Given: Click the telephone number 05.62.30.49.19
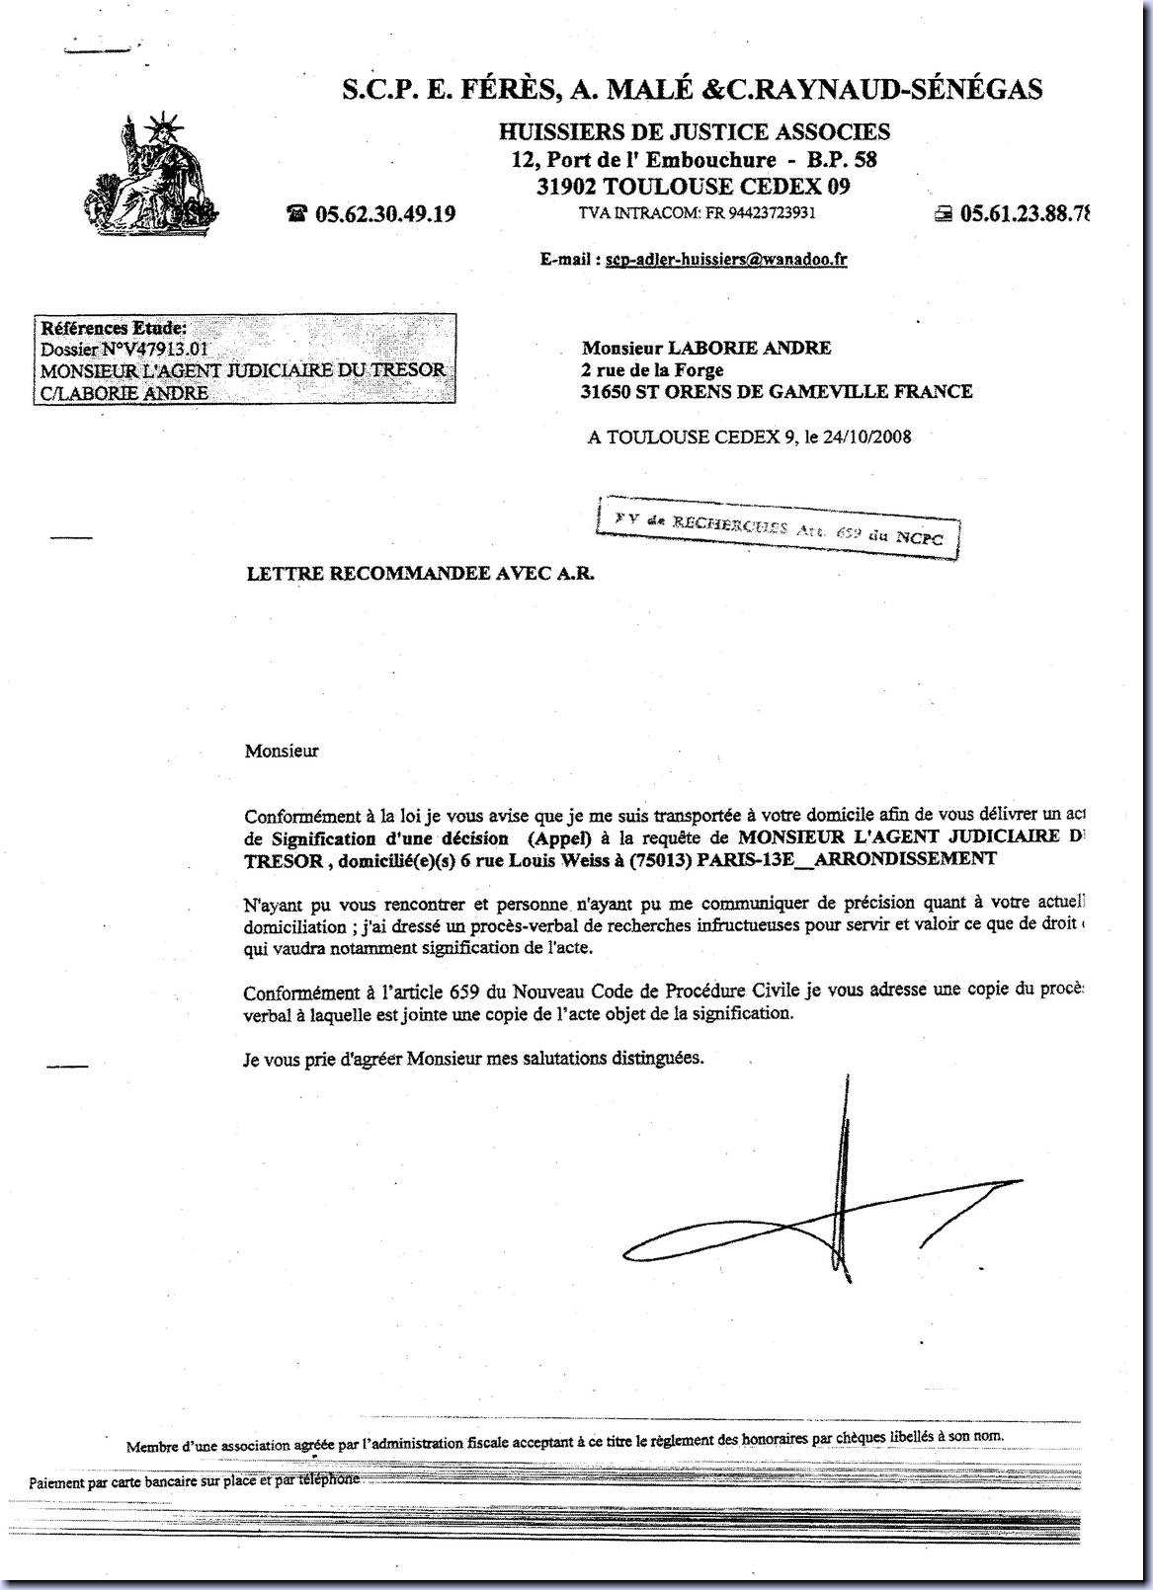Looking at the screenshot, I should [x=384, y=213].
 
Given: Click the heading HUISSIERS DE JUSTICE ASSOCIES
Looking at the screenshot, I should [x=694, y=131].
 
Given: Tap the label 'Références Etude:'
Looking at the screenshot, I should [x=113, y=328].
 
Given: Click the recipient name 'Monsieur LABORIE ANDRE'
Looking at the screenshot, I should [x=706, y=348].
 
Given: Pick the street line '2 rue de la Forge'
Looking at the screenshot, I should [x=653, y=370].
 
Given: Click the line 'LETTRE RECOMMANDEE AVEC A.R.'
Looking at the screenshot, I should [x=420, y=572].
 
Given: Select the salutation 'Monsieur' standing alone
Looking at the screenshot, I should [x=282, y=751].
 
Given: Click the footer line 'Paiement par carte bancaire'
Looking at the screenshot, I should [x=194, y=1480].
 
